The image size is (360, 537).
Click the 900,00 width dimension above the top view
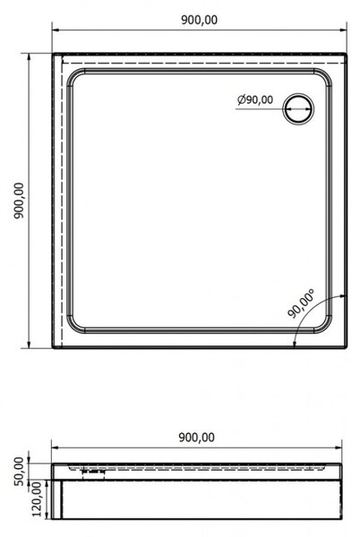pos(199,21)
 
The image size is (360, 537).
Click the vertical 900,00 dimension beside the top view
pos(19,200)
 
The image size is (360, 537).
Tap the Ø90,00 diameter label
pos(255,99)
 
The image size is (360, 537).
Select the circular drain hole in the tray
pos(298,108)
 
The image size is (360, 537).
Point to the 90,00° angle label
pos(301,303)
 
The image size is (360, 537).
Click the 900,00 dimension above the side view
pos(197,438)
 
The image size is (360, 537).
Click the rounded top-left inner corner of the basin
pos(73,76)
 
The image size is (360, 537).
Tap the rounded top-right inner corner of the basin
pos(325,76)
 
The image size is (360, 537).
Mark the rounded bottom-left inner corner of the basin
pos(73,326)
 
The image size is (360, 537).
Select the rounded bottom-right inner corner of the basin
pos(325,326)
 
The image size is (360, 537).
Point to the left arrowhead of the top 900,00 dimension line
pos(56,30)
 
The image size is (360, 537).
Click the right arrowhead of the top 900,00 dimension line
pos(343,30)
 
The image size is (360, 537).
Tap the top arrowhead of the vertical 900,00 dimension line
pos(30,57)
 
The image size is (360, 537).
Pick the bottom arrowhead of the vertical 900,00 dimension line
pos(30,345)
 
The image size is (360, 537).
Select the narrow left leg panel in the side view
pos(56,499)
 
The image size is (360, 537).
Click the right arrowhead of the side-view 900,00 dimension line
pos(339,447)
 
